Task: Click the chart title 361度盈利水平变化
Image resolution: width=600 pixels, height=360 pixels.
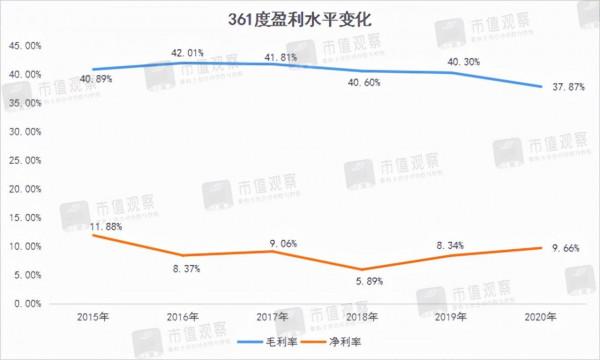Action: click(299, 18)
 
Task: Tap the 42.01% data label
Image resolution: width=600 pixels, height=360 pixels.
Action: click(185, 53)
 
